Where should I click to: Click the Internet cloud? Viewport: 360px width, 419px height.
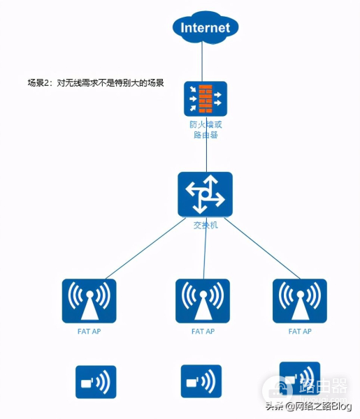click(x=205, y=28)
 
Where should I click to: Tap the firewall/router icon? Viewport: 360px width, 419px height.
click(x=205, y=98)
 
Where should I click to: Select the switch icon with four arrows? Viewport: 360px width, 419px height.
click(x=204, y=193)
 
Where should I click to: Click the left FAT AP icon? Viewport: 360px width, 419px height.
click(x=89, y=301)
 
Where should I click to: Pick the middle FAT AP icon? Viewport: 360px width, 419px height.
click(x=203, y=301)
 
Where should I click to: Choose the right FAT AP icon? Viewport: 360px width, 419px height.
click(x=300, y=301)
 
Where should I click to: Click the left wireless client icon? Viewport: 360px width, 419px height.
click(x=96, y=381)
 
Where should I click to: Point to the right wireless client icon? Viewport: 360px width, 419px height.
click(x=299, y=377)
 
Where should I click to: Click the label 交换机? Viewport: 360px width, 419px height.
click(x=205, y=225)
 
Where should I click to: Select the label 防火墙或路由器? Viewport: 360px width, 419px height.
click(x=205, y=129)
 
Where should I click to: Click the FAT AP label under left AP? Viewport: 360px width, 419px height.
click(x=89, y=331)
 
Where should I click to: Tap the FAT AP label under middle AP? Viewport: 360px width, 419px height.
click(x=203, y=331)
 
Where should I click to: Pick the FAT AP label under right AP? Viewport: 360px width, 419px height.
click(x=300, y=331)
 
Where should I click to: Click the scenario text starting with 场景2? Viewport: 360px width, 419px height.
click(x=95, y=82)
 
